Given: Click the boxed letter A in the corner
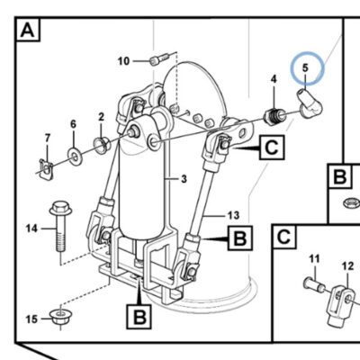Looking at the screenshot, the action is click(x=28, y=30).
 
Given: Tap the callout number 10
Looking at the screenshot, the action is click(x=123, y=61).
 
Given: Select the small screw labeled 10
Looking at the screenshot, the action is click(x=159, y=58).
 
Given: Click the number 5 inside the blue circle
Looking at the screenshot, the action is click(x=305, y=67).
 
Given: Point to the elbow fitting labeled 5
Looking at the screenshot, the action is click(x=309, y=105).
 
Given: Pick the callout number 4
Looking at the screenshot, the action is click(x=274, y=79).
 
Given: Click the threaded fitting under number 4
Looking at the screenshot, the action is click(x=274, y=118).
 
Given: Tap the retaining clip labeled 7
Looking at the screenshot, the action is click(x=46, y=169).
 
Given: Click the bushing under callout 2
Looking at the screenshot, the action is click(x=102, y=145).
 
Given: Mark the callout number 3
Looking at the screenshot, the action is click(x=184, y=179).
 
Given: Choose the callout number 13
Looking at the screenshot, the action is click(x=233, y=215).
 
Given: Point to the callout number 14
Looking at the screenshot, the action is click(x=31, y=229).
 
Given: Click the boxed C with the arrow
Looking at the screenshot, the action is click(x=272, y=148).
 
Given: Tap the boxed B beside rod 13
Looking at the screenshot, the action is click(x=240, y=238).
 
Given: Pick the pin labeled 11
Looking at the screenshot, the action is click(x=314, y=284).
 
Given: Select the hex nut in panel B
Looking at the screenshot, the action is click(x=351, y=203).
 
